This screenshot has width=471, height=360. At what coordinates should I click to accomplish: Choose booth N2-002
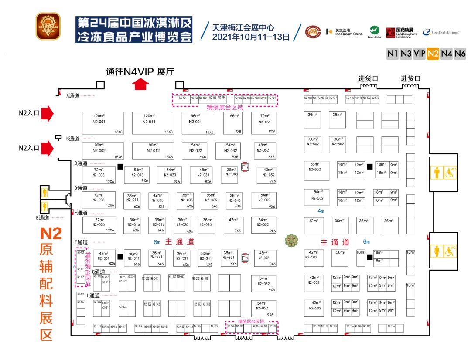pyautogui.click(x=103, y=150)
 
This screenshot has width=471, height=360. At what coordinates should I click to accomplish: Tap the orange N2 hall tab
pyautogui.click(x=433, y=54)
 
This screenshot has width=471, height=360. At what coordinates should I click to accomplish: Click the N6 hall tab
pyautogui.click(x=460, y=54)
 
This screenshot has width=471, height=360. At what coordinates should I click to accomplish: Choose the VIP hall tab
pyautogui.click(x=420, y=54)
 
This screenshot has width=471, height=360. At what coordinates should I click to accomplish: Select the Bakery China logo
pyautogui.click(x=374, y=31)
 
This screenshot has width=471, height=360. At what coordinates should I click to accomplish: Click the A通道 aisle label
pyautogui.click(x=73, y=95)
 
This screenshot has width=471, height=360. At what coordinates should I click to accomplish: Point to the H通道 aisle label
pyautogui.click(x=94, y=295)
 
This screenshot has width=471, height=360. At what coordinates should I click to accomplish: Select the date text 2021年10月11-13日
pyautogui.click(x=251, y=37)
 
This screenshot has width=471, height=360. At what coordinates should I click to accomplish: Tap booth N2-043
pyautogui.click(x=232, y=173)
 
